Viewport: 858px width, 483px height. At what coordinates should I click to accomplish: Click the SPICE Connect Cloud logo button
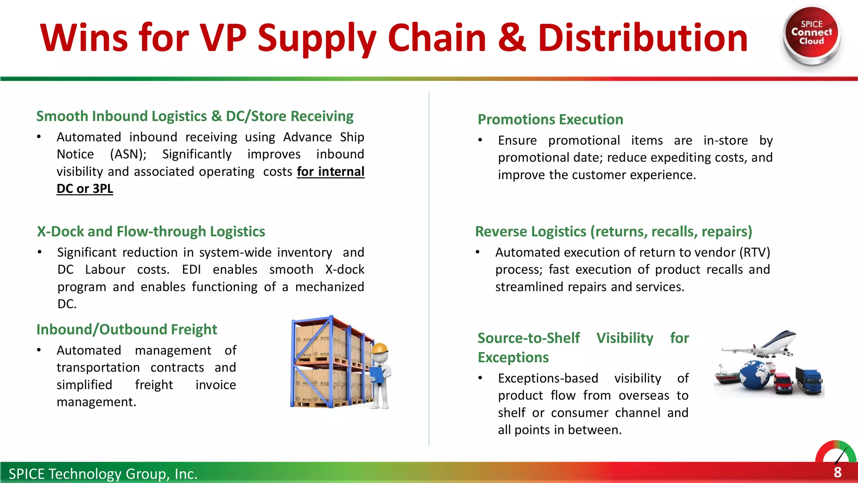click(811, 34)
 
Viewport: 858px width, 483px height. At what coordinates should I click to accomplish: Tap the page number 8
click(837, 473)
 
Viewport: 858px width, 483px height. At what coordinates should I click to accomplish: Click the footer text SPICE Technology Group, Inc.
click(103, 474)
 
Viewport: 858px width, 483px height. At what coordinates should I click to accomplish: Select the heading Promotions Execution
click(550, 119)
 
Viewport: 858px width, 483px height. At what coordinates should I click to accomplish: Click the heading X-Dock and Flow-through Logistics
click(151, 231)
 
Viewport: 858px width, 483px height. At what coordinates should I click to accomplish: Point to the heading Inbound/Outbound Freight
click(127, 330)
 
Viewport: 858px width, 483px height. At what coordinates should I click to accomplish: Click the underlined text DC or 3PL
click(85, 189)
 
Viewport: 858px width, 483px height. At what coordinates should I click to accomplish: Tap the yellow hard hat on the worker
click(380, 348)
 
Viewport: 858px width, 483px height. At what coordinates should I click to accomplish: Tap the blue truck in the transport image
click(810, 380)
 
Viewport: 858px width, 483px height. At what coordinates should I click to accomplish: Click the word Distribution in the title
click(643, 38)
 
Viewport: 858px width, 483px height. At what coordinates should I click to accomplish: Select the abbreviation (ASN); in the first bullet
click(128, 154)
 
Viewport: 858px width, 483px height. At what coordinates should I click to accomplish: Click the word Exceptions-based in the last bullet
click(548, 378)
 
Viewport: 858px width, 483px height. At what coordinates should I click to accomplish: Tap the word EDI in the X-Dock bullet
click(191, 270)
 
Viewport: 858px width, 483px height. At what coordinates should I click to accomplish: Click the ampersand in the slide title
click(512, 38)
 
